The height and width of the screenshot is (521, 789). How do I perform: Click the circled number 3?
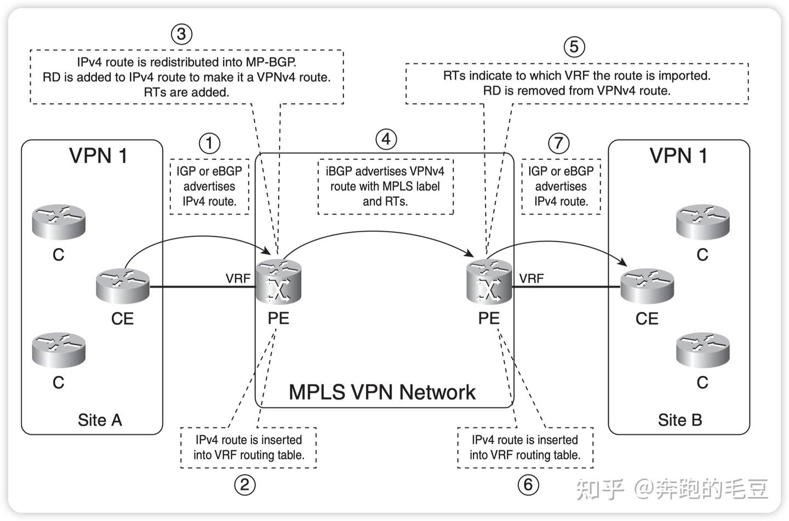pyautogui.click(x=181, y=34)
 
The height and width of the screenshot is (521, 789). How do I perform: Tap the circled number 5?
pyautogui.click(x=574, y=47)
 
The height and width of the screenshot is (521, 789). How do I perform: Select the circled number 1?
pyautogui.click(x=209, y=144)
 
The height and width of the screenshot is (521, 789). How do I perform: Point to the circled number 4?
pyautogui.click(x=386, y=139)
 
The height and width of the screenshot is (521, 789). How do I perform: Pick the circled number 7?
pyautogui.click(x=558, y=144)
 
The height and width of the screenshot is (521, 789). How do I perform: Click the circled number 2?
pyautogui.click(x=244, y=484)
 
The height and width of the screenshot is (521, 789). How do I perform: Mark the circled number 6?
pyautogui.click(x=528, y=484)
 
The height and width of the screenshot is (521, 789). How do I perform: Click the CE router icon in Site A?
pyautogui.click(x=123, y=285)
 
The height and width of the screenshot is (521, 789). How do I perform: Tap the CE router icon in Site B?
pyautogui.click(x=647, y=285)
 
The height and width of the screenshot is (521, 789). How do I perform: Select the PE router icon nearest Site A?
pyautogui.click(x=279, y=282)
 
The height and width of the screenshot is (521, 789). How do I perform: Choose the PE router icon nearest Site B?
pyautogui.click(x=489, y=282)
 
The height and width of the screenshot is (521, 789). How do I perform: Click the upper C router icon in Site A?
pyautogui.click(x=59, y=221)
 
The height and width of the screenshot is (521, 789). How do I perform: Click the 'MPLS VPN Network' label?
pyautogui.click(x=382, y=392)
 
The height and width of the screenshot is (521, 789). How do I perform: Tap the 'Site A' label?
pyautogui.click(x=100, y=420)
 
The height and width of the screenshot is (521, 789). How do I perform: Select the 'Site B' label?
pyautogui.click(x=679, y=420)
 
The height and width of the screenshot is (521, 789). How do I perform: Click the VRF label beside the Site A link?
pyautogui.click(x=238, y=278)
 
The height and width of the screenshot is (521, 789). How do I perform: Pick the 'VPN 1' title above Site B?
pyautogui.click(x=678, y=156)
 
